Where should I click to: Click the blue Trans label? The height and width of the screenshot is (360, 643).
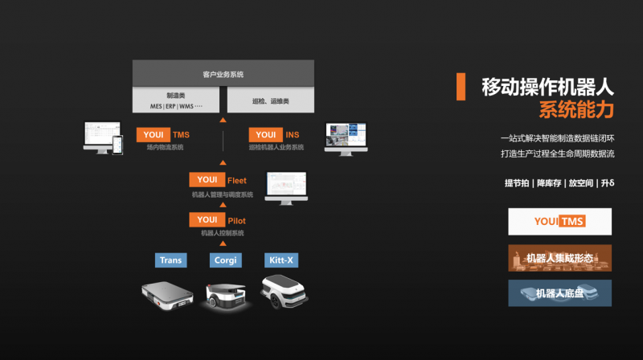click(x=170, y=260)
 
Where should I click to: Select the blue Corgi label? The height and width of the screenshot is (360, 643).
click(x=224, y=260)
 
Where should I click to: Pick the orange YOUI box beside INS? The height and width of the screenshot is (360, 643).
click(x=264, y=134)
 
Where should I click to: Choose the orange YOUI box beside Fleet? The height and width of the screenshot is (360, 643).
click(x=207, y=180)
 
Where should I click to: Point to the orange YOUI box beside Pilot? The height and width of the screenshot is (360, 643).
click(x=207, y=219)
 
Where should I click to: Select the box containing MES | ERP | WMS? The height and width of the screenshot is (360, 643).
click(x=177, y=100)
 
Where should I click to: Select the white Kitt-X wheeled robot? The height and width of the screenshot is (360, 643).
click(x=283, y=293)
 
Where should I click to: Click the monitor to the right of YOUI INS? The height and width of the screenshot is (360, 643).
click(x=345, y=138)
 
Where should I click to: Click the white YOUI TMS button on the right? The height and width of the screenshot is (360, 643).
click(x=559, y=222)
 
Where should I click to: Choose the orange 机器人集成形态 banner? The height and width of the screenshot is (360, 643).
click(x=559, y=258)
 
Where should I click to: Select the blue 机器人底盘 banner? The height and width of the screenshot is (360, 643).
click(x=559, y=293)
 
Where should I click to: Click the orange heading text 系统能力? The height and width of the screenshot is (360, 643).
click(x=575, y=108)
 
